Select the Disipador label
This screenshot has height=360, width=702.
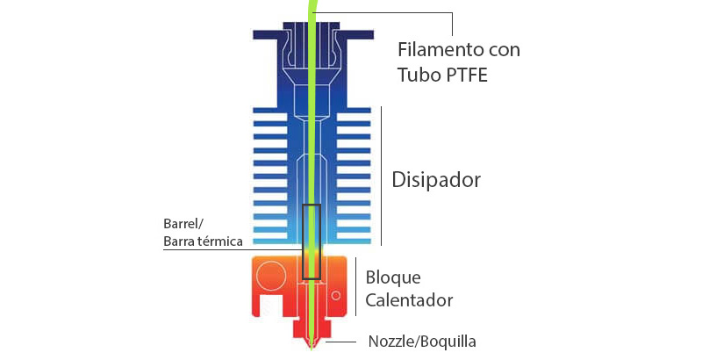[x=436, y=180]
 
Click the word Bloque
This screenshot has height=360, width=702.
[x=393, y=277]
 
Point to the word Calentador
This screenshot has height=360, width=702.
[x=409, y=300]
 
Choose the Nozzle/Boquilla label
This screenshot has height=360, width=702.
[x=422, y=342]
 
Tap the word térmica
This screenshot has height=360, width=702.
[x=219, y=241]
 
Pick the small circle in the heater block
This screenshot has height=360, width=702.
[x=336, y=296]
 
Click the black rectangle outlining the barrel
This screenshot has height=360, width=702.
[x=303, y=241]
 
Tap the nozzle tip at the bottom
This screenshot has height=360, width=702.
[x=312, y=348]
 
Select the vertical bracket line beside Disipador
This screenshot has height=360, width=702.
[x=381, y=176]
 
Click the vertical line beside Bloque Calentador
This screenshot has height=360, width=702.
[x=355, y=286]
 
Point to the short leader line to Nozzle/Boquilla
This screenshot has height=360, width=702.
[x=340, y=342]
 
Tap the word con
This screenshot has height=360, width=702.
[x=504, y=50]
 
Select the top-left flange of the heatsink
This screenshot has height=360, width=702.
[x=269, y=34]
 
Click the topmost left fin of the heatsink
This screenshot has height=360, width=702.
[x=270, y=110]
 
